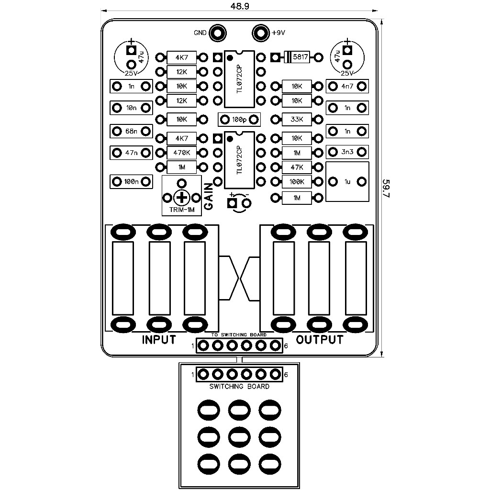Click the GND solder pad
click(218, 33)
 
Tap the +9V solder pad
click(260, 33)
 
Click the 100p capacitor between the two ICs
click(239, 119)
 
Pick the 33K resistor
click(297, 119)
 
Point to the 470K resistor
click(182, 153)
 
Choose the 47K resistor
click(297, 167)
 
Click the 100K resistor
click(297, 182)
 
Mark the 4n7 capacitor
click(347, 86)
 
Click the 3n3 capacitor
click(347, 153)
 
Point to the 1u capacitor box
click(347, 182)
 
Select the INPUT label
click(159, 340)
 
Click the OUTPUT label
click(320, 340)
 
